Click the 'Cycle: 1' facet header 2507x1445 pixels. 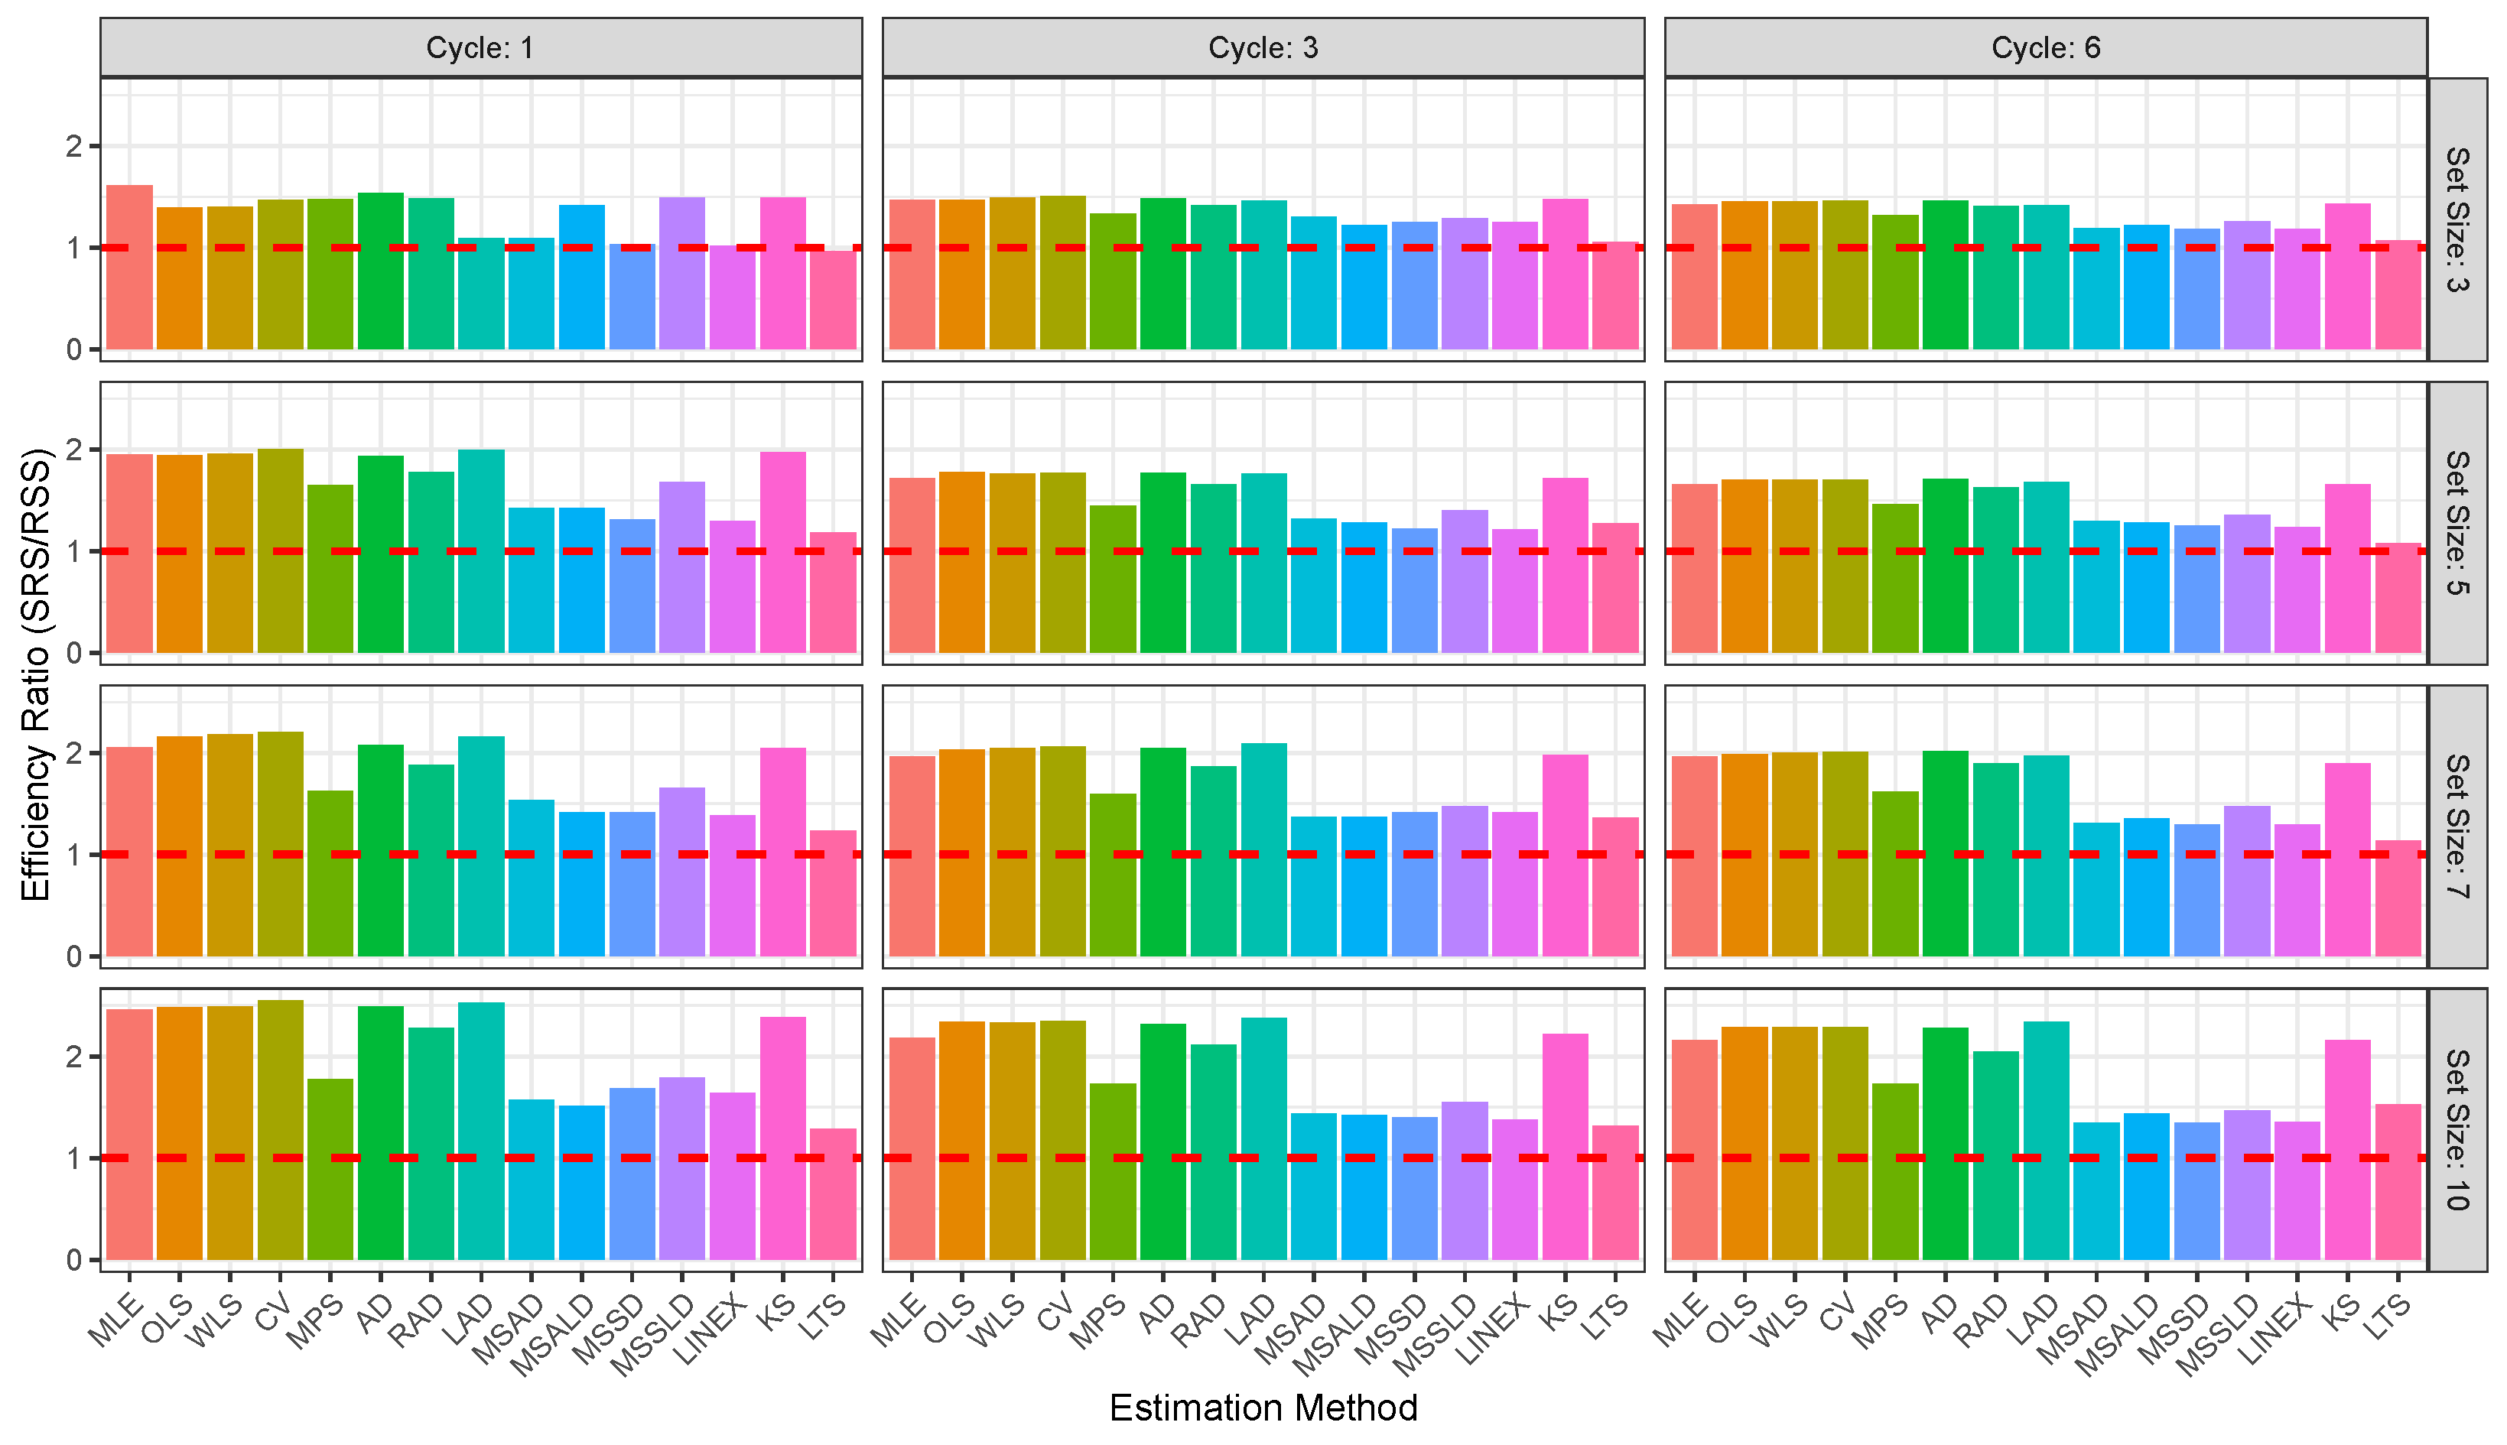480,47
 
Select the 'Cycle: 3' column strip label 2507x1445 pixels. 1263,47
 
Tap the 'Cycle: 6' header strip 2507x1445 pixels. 2046,47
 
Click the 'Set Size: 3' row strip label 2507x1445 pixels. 2457,219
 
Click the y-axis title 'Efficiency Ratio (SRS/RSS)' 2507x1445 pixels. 36,675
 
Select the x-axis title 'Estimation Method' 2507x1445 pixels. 1263,1408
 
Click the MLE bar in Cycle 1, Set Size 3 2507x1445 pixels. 129,268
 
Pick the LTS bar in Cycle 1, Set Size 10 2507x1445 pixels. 833,1195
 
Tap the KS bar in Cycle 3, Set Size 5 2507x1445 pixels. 1565,566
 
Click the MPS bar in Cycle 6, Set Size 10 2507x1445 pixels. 1894,1172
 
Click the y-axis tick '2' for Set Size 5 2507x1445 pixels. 73,450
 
